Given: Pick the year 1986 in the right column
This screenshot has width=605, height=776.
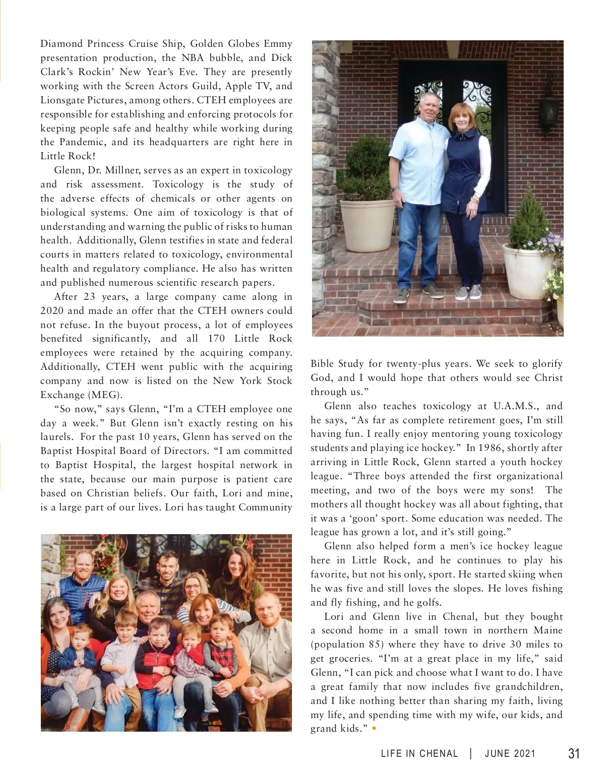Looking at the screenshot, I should coord(489,448).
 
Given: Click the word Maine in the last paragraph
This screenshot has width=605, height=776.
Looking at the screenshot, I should coord(547,630).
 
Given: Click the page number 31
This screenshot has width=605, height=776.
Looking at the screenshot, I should coord(574,754).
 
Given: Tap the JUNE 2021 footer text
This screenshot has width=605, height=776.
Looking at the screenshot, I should coord(510,754).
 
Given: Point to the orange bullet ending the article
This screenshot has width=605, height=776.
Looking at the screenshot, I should coord(374,728).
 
